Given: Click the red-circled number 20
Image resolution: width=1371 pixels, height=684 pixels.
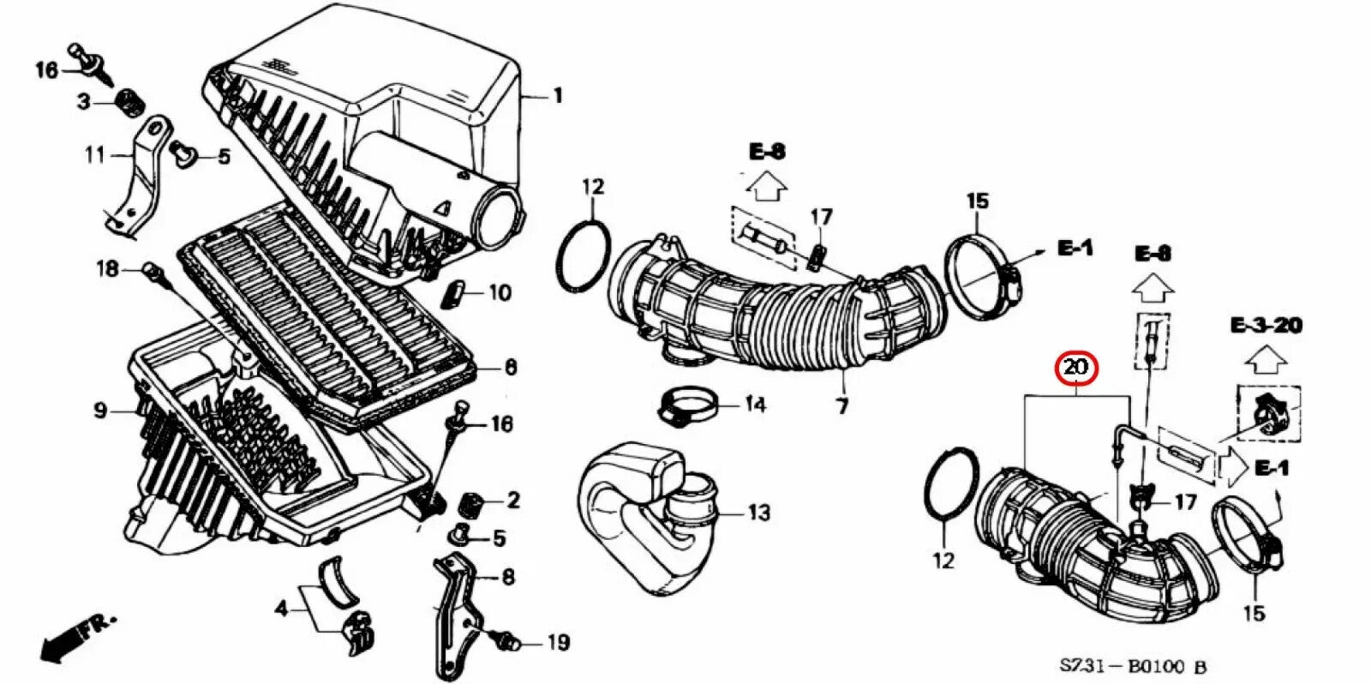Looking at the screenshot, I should point(1075,369).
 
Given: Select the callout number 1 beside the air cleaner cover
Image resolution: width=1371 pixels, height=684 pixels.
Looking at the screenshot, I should point(557,96).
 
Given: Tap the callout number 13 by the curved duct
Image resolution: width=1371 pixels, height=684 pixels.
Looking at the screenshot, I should point(758,513).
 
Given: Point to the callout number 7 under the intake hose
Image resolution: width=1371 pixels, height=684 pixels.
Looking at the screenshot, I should point(842,405).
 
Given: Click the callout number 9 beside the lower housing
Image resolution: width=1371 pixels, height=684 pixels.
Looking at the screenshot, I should point(100,411).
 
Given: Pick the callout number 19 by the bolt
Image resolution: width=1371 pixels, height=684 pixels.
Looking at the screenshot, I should point(558,642).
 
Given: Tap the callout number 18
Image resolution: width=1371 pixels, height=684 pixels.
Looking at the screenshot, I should point(107,269).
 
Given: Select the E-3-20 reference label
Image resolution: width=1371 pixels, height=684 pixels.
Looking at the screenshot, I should point(1266,325).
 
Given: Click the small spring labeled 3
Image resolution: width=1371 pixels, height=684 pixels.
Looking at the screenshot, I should point(129,102).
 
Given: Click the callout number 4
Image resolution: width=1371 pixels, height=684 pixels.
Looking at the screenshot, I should point(280,609).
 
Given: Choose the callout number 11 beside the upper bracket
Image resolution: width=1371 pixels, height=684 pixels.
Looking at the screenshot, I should point(94,155).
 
